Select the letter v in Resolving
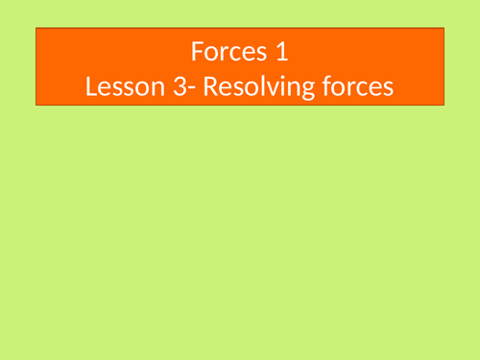(253, 88)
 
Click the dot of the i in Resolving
(267, 77)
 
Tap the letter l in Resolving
(244, 85)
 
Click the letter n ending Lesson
(152, 88)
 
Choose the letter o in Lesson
(137, 88)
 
